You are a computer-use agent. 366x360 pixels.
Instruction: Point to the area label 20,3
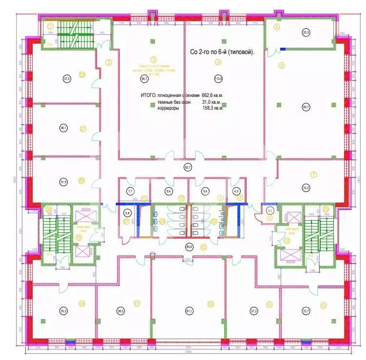[x=306, y=33]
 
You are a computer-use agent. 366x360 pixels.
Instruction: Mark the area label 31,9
[x=63, y=182]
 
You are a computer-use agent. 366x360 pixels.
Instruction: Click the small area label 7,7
[x=130, y=191]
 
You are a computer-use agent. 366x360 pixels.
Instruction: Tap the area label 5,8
[x=128, y=213]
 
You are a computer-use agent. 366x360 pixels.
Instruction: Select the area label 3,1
[x=270, y=210]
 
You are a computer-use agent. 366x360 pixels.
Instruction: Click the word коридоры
[x=168, y=109]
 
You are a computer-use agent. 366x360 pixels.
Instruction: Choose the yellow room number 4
[x=218, y=61]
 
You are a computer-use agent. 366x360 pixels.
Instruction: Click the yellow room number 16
[x=211, y=304]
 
